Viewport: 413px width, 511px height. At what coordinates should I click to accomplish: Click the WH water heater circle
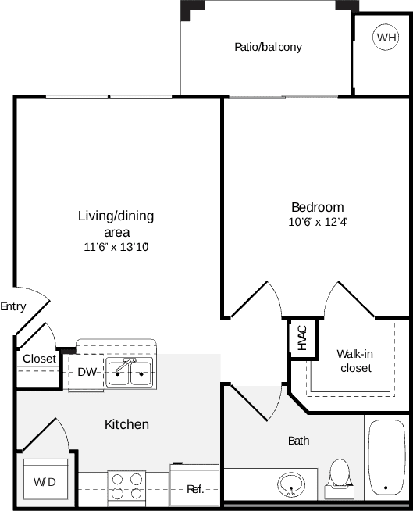point(386,37)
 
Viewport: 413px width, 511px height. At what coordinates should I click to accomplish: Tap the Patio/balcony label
point(268,47)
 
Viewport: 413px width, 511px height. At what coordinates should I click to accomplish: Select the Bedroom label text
point(317,207)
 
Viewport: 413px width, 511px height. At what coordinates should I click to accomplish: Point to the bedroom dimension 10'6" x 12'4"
point(317,222)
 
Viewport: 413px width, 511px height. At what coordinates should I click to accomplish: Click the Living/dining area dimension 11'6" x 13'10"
point(116,247)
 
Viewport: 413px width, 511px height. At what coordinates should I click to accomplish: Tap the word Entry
point(12,307)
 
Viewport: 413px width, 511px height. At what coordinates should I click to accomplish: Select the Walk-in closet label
point(354,360)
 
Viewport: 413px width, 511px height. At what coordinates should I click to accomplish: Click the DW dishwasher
point(87,373)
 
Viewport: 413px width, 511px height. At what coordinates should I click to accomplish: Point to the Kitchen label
point(126,424)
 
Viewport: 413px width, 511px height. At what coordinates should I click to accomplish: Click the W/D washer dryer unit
point(45,481)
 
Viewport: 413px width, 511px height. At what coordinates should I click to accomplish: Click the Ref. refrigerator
point(195,488)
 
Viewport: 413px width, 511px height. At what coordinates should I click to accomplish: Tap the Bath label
point(299,441)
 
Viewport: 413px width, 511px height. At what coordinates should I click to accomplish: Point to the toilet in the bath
point(339,477)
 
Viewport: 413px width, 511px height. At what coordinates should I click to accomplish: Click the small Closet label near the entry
point(39,359)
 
